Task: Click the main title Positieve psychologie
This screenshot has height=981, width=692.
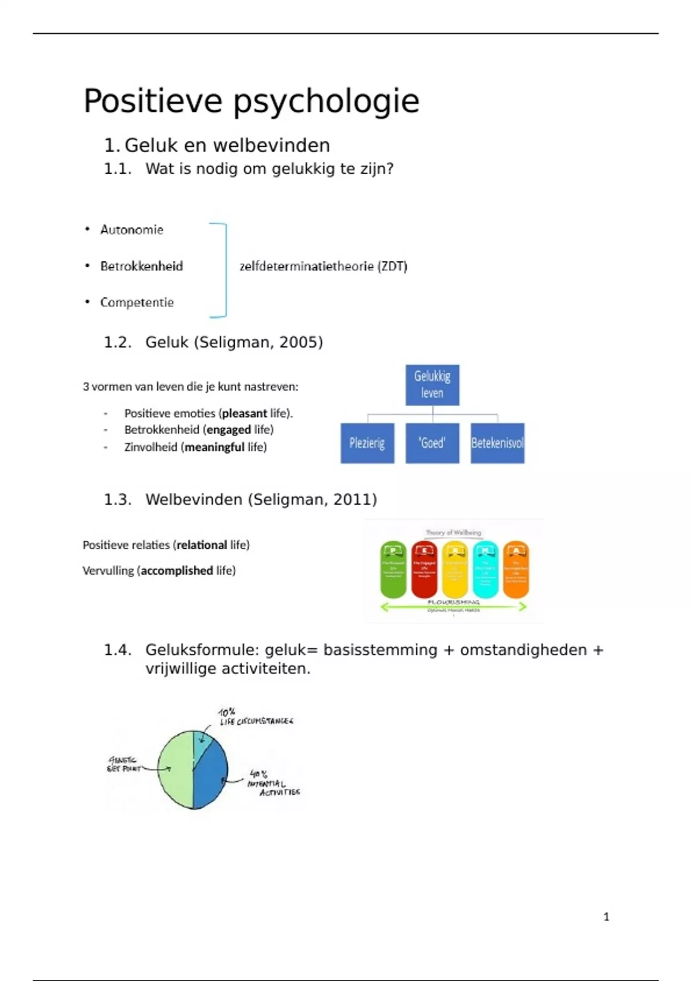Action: [251, 102]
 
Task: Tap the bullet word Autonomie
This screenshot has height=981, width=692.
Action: [131, 230]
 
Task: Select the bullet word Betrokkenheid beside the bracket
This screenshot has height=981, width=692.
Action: [141, 266]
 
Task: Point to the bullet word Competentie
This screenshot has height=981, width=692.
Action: [137, 302]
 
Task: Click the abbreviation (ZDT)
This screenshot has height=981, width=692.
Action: [392, 266]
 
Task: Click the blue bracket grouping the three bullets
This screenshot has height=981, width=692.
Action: [224, 270]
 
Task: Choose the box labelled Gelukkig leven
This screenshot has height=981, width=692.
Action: [432, 385]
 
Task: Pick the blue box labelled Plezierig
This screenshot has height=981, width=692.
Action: [367, 443]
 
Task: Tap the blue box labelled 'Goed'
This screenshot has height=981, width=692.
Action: [432, 443]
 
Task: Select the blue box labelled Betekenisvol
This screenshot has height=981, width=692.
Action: [497, 443]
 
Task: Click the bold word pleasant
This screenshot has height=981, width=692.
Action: [245, 413]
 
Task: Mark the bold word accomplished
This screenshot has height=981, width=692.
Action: [177, 571]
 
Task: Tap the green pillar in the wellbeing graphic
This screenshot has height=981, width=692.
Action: [393, 570]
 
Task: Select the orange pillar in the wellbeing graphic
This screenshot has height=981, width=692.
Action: [516, 570]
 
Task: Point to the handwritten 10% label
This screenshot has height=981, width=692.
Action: [227, 712]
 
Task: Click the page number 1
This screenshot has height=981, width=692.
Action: [606, 916]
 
